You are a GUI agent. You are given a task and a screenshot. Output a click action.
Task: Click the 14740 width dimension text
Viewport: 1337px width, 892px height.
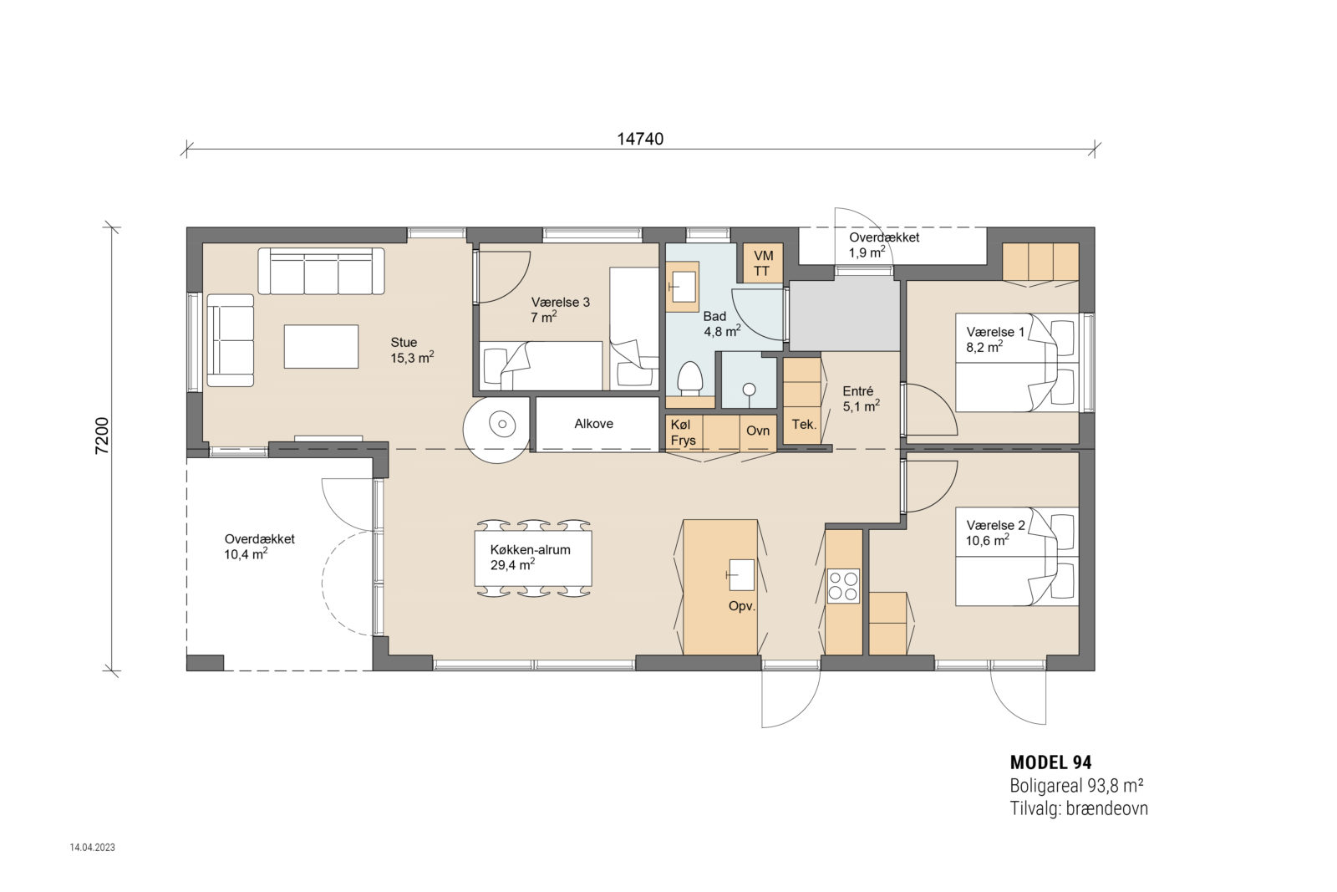coord(640,139)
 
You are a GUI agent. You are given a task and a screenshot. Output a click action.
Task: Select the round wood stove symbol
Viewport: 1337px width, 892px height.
coord(502,425)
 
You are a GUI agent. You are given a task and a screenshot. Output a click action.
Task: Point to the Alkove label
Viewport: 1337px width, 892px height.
coord(593,424)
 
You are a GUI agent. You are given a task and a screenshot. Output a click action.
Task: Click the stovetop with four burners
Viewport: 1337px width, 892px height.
coord(842,585)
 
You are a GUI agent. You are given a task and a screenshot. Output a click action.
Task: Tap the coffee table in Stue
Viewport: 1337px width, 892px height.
coord(321,346)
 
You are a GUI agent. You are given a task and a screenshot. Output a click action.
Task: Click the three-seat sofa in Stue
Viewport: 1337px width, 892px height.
coord(321,271)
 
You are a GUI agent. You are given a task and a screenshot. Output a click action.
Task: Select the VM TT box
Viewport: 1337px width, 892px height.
coord(762,263)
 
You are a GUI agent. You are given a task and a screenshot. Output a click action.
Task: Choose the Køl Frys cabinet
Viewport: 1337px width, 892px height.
coord(684,433)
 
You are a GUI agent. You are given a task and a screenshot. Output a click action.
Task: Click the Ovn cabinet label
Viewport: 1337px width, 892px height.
coord(757,431)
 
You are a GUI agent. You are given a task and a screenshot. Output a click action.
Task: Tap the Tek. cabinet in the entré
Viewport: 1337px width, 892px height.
coord(804,425)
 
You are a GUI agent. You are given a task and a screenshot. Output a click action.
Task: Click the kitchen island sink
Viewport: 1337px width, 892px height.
coord(740,574)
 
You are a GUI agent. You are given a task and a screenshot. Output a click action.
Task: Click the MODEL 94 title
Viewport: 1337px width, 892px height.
coord(1050,762)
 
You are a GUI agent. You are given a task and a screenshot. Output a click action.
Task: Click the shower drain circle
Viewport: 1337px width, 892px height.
coord(750,388)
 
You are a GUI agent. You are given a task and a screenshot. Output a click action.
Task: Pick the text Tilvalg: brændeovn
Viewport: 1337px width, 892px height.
coord(1078,808)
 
